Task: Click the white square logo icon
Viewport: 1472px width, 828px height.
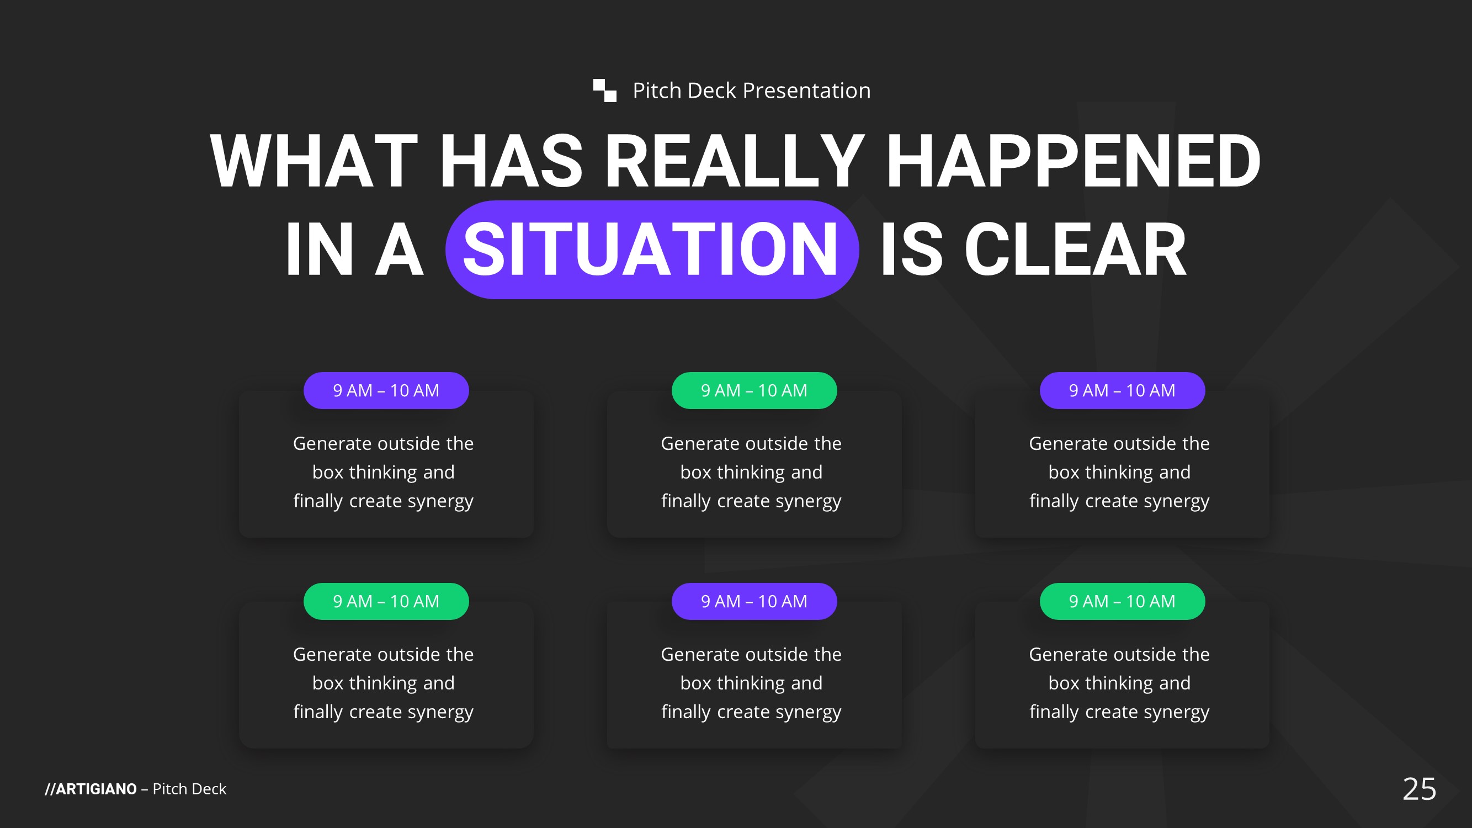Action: coord(604,91)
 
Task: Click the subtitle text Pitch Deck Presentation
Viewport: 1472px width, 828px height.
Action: coord(751,91)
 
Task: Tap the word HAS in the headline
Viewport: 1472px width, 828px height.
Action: coord(511,161)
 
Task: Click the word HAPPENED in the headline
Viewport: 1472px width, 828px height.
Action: coord(1072,161)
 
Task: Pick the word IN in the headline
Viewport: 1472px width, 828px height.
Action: coord(320,250)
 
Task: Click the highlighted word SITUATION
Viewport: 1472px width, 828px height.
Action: coord(651,250)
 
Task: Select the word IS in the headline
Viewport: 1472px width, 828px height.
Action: coord(911,250)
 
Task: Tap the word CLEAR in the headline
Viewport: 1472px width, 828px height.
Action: coord(1075,250)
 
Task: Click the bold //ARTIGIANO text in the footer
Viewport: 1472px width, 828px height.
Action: coord(91,789)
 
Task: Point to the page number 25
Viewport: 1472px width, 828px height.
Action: coord(1420,789)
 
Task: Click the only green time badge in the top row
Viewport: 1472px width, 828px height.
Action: coord(754,390)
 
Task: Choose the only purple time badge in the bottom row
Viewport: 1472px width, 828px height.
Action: coord(754,601)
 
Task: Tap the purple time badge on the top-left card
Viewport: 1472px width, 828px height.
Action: coord(386,390)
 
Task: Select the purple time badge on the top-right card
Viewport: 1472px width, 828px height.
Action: coord(1122,390)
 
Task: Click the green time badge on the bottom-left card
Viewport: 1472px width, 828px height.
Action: coord(386,601)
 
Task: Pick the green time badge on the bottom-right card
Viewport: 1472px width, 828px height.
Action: coord(1122,601)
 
